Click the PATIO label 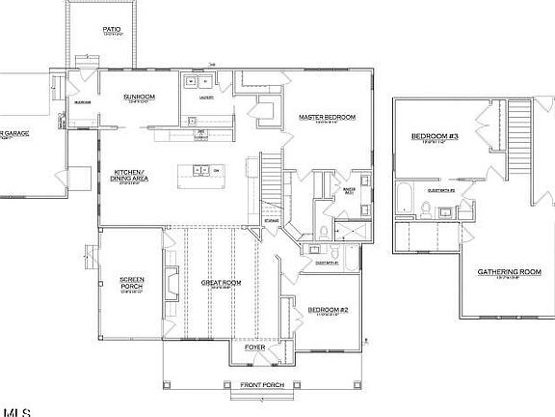click(113, 30)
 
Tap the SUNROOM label click(139, 97)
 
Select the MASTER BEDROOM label click(327, 117)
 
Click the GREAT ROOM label click(221, 283)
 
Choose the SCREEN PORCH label click(132, 283)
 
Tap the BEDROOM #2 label click(329, 309)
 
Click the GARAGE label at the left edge click(14, 133)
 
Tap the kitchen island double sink click(201, 170)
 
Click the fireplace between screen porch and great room click(171, 283)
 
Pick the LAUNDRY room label click(205, 97)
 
